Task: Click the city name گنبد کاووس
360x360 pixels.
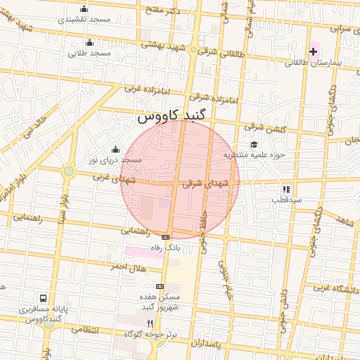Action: click(173, 117)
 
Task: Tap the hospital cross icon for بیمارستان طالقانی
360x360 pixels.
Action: click(314, 51)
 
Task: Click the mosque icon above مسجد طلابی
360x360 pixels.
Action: click(89, 42)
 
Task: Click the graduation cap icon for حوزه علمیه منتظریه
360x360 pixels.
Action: click(253, 143)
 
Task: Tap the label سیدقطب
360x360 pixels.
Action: click(287, 200)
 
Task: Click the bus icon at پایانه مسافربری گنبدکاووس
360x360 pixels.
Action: click(44, 299)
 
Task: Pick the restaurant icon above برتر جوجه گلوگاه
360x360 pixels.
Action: click(149, 323)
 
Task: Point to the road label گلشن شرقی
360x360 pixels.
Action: click(265, 128)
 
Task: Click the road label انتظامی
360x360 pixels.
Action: click(86, 329)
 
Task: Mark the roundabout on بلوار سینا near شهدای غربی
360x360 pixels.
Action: click(68, 171)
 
